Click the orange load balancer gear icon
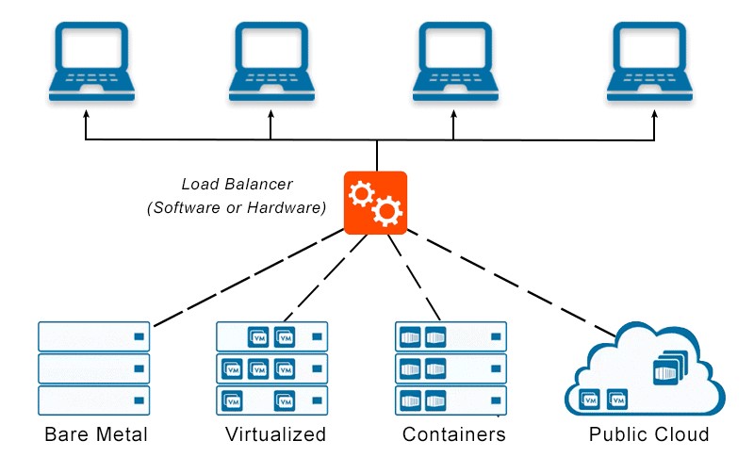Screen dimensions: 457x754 (x=375, y=203)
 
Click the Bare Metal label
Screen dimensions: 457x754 (x=96, y=434)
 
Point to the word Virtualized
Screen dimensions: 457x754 (x=275, y=434)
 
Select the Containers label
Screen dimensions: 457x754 (x=453, y=434)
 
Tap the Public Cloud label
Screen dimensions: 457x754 (x=648, y=434)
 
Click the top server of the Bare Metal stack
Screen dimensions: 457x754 (x=94, y=336)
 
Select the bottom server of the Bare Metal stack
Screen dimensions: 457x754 (x=94, y=400)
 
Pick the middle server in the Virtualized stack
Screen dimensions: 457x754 (x=272, y=368)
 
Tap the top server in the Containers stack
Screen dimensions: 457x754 (x=451, y=336)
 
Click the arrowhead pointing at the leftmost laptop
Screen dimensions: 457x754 (x=87, y=114)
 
